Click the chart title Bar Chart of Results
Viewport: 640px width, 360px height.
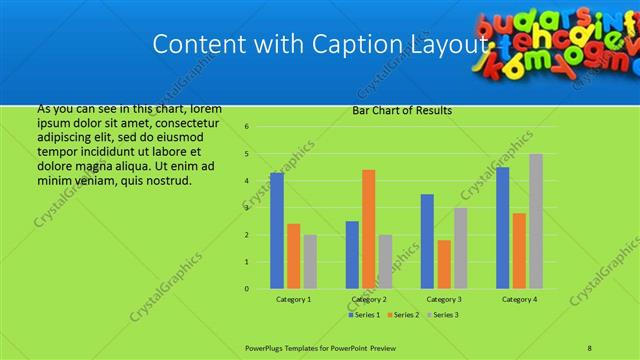(x=402, y=111)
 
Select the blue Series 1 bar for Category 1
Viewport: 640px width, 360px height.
(x=277, y=231)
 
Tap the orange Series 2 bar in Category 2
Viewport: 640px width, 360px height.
(x=368, y=229)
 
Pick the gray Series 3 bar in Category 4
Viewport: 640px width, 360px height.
(x=536, y=221)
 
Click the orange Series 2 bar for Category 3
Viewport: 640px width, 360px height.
(x=444, y=264)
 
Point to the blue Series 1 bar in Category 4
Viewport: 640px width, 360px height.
(x=503, y=228)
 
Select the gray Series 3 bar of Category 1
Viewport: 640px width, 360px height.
(x=310, y=262)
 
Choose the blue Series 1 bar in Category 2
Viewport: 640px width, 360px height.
(x=352, y=255)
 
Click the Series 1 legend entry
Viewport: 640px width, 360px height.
(x=365, y=315)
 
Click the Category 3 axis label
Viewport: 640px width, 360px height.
(x=444, y=299)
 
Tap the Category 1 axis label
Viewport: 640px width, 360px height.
(x=293, y=299)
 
